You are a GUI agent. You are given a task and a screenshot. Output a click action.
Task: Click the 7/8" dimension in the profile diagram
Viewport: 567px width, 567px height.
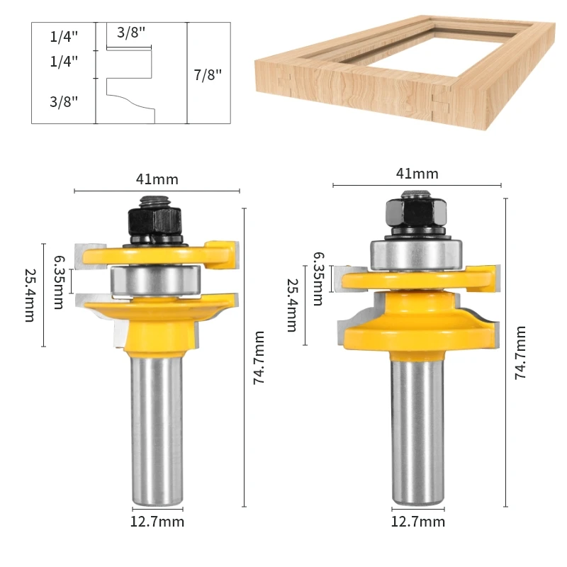tap(208, 75)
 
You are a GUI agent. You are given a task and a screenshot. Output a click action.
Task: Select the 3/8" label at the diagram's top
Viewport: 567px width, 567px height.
tap(131, 33)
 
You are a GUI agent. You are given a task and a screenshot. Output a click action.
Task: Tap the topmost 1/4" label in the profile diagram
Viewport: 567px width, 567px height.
tap(64, 36)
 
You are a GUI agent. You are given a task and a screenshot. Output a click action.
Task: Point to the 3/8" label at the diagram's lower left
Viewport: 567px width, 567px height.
tap(64, 101)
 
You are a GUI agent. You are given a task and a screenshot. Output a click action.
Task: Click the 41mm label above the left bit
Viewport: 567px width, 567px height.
tap(157, 179)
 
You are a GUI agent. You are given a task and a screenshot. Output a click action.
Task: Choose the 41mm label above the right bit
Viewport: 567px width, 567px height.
tap(417, 174)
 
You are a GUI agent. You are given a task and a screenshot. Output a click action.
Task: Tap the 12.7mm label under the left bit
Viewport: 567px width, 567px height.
tap(157, 522)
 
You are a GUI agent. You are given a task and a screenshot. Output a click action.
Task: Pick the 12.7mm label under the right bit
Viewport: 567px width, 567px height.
tap(418, 522)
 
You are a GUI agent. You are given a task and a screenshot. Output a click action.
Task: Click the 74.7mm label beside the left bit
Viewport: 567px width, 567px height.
tap(259, 358)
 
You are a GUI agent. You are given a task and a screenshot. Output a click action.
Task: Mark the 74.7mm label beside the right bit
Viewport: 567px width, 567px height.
tap(520, 352)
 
